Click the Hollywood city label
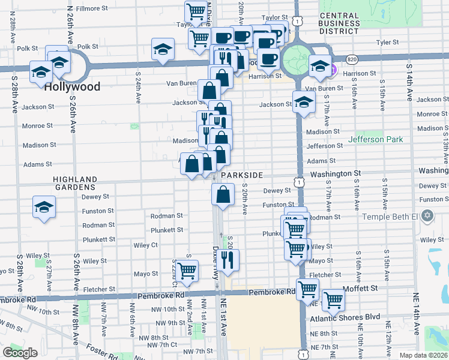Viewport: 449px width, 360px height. pyautogui.click(x=72, y=87)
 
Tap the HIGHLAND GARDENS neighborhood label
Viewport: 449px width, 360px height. pyautogui.click(x=75, y=183)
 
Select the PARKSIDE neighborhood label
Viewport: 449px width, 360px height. pyautogui.click(x=242, y=175)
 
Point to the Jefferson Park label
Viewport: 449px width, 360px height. pyautogui.click(x=376, y=140)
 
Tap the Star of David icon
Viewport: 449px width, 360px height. pyautogui.click(x=427, y=215)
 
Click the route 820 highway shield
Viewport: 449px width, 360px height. pyautogui.click(x=352, y=59)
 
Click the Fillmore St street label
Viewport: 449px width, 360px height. pyautogui.click(x=91, y=9)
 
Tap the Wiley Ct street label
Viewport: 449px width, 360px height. pyautogui.click(x=145, y=245)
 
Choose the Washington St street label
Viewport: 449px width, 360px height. pyautogui.click(x=335, y=173)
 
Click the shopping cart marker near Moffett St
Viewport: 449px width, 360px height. pyautogui.click(x=333, y=299)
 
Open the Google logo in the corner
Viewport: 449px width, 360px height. pyautogui.click(x=20, y=352)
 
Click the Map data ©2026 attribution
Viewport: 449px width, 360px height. pyautogui.click(x=424, y=355)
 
